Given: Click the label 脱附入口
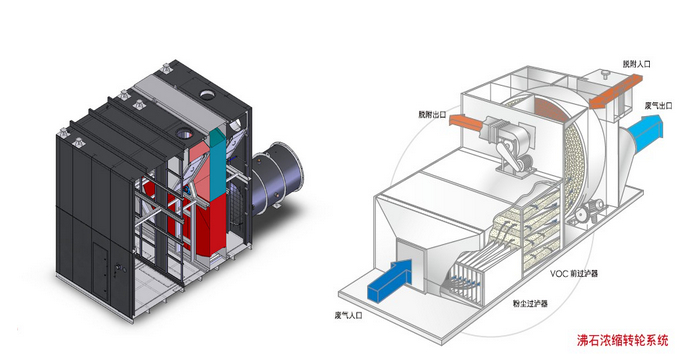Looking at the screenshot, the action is (637, 64).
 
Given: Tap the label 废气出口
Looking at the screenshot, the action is (658, 105).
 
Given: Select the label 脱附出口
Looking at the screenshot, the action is (432, 115).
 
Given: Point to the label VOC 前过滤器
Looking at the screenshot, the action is (573, 274).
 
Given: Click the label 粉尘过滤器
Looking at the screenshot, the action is (530, 303).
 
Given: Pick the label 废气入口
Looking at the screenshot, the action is (348, 315).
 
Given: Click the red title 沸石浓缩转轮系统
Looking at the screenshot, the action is (622, 340).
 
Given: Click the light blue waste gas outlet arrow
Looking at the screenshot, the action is (642, 129).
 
